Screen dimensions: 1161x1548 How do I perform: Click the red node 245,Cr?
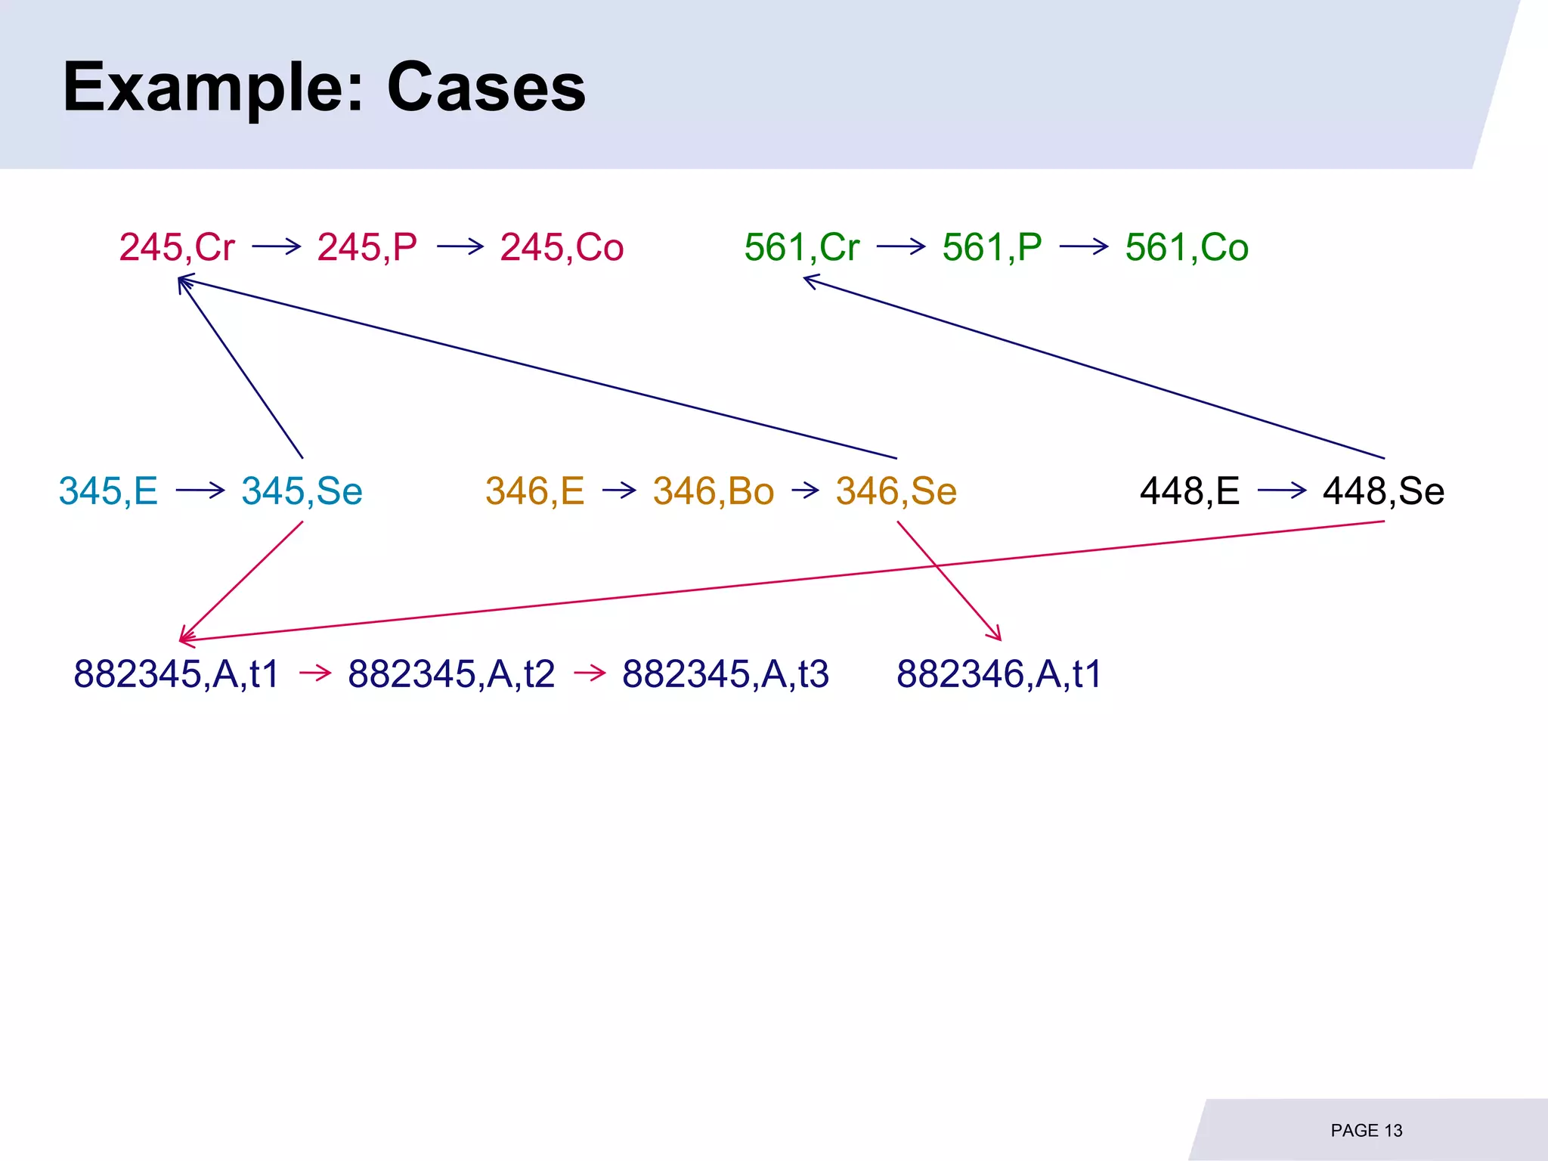point(177,247)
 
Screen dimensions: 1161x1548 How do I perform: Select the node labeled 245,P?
point(367,247)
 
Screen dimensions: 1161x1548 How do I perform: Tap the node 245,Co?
point(562,247)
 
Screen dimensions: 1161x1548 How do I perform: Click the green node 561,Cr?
point(802,247)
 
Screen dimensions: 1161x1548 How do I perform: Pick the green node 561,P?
point(992,247)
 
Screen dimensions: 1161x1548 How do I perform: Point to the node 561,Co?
point(1187,247)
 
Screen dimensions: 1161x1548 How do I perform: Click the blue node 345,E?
point(108,491)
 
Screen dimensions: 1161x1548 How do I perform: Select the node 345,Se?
point(302,491)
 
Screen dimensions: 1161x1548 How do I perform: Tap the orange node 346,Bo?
point(714,491)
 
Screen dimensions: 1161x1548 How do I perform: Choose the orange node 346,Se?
point(896,491)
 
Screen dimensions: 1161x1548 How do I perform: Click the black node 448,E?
point(1190,491)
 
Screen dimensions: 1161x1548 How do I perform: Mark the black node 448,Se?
point(1383,491)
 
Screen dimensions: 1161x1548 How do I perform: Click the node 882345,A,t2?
point(451,673)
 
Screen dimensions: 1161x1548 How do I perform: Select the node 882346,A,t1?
point(999,673)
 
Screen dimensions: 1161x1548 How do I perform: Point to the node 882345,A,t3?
point(726,673)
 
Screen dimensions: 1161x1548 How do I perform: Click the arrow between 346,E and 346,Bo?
point(619,491)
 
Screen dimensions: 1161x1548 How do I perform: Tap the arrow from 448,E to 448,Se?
point(1282,491)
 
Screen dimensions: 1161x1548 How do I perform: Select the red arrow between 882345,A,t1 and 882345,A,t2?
point(315,673)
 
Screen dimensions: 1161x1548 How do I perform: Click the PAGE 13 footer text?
point(1366,1131)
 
